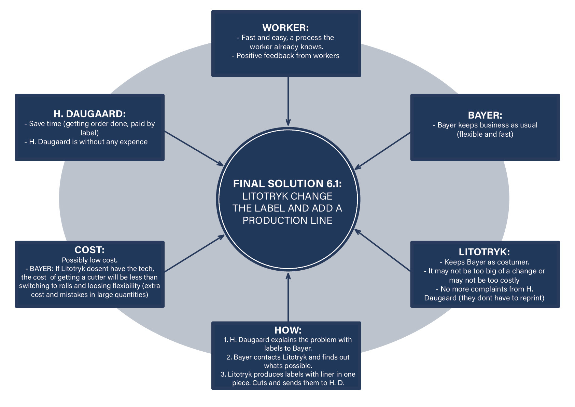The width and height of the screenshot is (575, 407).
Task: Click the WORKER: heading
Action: (x=285, y=28)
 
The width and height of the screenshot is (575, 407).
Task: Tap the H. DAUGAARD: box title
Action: (x=89, y=114)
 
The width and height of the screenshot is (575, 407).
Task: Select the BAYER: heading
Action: (x=485, y=115)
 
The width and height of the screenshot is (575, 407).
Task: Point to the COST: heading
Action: (x=89, y=250)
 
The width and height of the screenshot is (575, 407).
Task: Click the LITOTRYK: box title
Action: (x=484, y=252)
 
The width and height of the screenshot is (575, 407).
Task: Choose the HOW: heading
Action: (x=288, y=330)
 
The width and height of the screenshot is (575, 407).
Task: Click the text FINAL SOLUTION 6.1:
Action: (x=287, y=184)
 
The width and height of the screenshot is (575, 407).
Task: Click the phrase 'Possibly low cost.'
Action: (x=90, y=260)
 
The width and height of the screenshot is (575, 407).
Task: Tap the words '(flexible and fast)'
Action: (x=485, y=134)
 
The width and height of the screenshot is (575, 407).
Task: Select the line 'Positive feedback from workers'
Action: (x=287, y=56)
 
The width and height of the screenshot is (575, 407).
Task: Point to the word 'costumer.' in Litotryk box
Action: (x=511, y=262)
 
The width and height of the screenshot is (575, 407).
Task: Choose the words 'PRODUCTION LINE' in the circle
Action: (x=287, y=220)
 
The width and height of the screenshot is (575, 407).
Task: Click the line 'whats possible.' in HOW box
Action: (x=288, y=366)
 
